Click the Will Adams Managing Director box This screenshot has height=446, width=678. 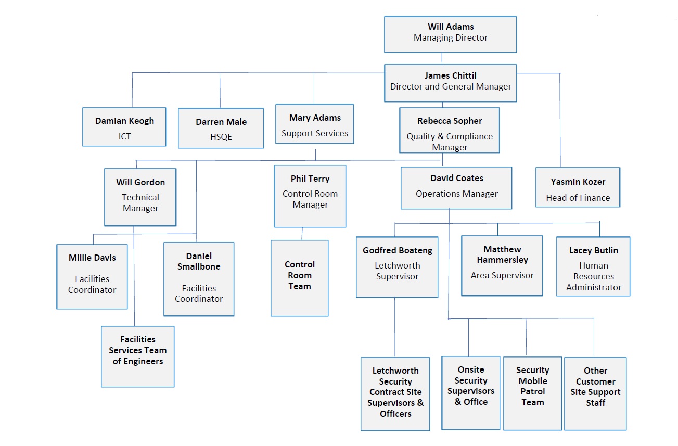coord(450,34)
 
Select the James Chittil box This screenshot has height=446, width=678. coord(450,83)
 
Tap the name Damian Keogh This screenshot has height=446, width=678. coord(124,121)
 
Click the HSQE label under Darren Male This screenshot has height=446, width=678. coord(221,137)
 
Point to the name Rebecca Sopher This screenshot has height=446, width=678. coord(450,121)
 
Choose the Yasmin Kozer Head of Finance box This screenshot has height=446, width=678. coord(578,187)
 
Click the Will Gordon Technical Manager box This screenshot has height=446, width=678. coord(140,197)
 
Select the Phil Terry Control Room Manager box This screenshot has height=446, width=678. coord(310,196)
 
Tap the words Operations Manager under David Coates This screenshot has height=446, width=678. coord(456,194)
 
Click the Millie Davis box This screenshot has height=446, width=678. coord(92,276)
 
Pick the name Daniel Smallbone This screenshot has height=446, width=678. coord(199,261)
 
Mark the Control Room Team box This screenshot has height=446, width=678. coord(299,278)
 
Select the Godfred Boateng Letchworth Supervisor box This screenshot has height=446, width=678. coord(397,267)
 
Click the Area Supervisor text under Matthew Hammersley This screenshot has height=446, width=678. coord(502,276)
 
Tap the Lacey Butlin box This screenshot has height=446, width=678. coord(593,266)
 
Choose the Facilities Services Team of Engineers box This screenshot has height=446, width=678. coord(138,356)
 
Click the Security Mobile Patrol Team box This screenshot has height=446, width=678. coord(532,393)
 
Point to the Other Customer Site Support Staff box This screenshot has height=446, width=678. coord(595,393)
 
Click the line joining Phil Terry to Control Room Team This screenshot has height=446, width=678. coord(302,234)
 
